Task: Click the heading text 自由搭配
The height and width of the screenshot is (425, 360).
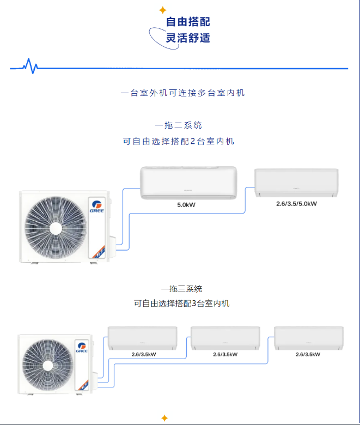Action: [x=188, y=22]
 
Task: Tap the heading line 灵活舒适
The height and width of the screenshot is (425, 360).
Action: [x=188, y=38]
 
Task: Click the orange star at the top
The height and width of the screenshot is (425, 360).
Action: [x=162, y=10]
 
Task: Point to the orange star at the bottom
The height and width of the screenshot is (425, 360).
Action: [x=164, y=418]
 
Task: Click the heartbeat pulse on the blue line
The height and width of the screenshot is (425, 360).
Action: [x=30, y=66]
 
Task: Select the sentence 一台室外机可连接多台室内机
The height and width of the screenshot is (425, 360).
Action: [x=183, y=93]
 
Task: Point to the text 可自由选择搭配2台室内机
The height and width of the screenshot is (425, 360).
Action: [x=179, y=141]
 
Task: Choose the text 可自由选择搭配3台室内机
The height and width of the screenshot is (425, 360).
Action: [x=181, y=303]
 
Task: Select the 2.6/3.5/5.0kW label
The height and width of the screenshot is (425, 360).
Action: [x=297, y=203]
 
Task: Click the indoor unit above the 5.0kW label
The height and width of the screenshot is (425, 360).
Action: [x=188, y=182]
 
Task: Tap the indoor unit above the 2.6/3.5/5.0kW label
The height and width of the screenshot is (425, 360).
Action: [x=297, y=183]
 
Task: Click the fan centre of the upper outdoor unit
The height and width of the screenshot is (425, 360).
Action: [x=54, y=227]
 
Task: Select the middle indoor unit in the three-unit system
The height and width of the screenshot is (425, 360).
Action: [x=225, y=338]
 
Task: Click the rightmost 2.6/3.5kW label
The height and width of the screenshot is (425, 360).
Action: [x=308, y=354]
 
